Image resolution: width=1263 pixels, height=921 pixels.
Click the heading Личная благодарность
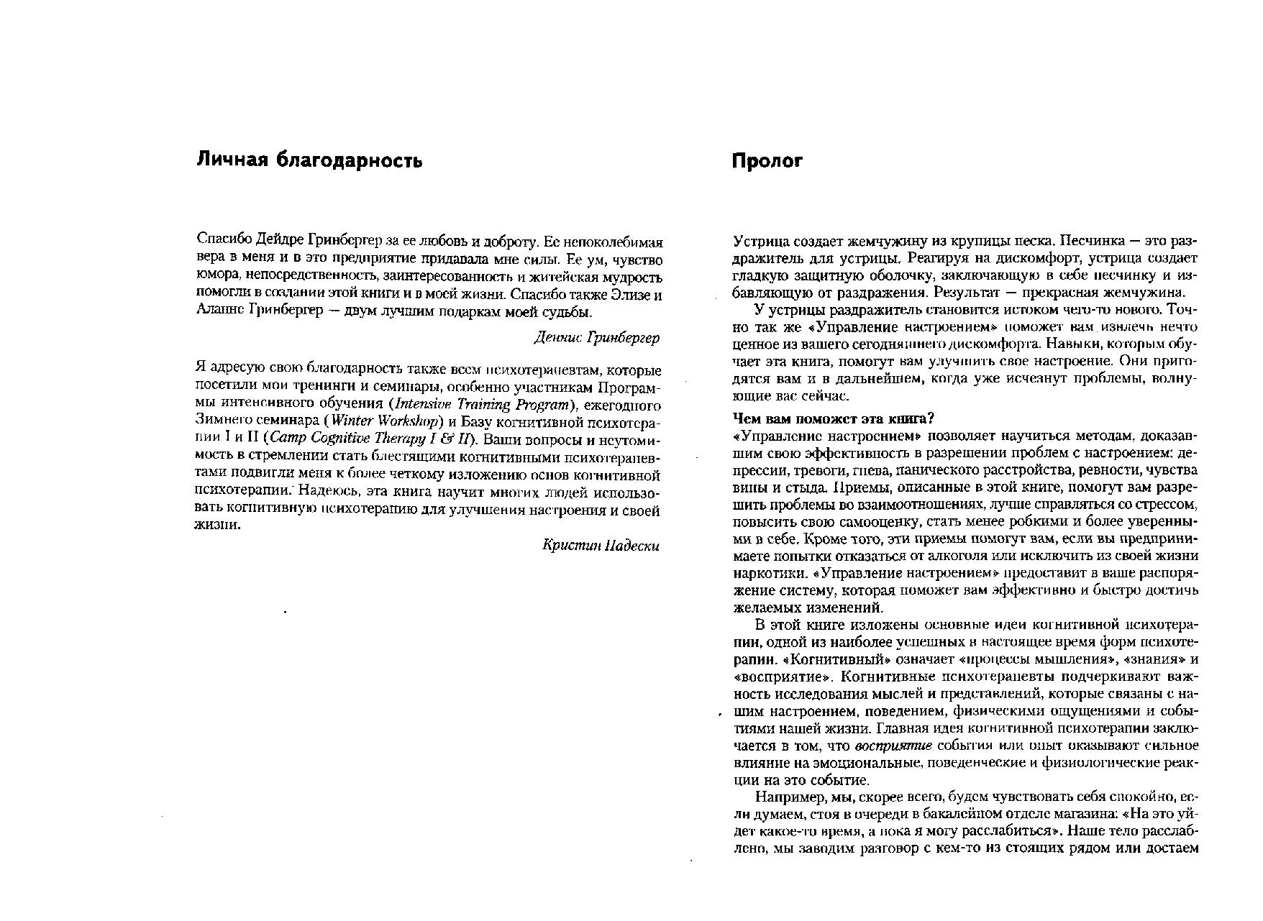coord(309,161)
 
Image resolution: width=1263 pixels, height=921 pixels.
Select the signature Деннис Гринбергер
coord(597,337)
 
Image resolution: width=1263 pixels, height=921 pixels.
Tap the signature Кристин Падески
coord(601,545)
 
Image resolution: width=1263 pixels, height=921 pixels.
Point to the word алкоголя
coord(1013,556)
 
